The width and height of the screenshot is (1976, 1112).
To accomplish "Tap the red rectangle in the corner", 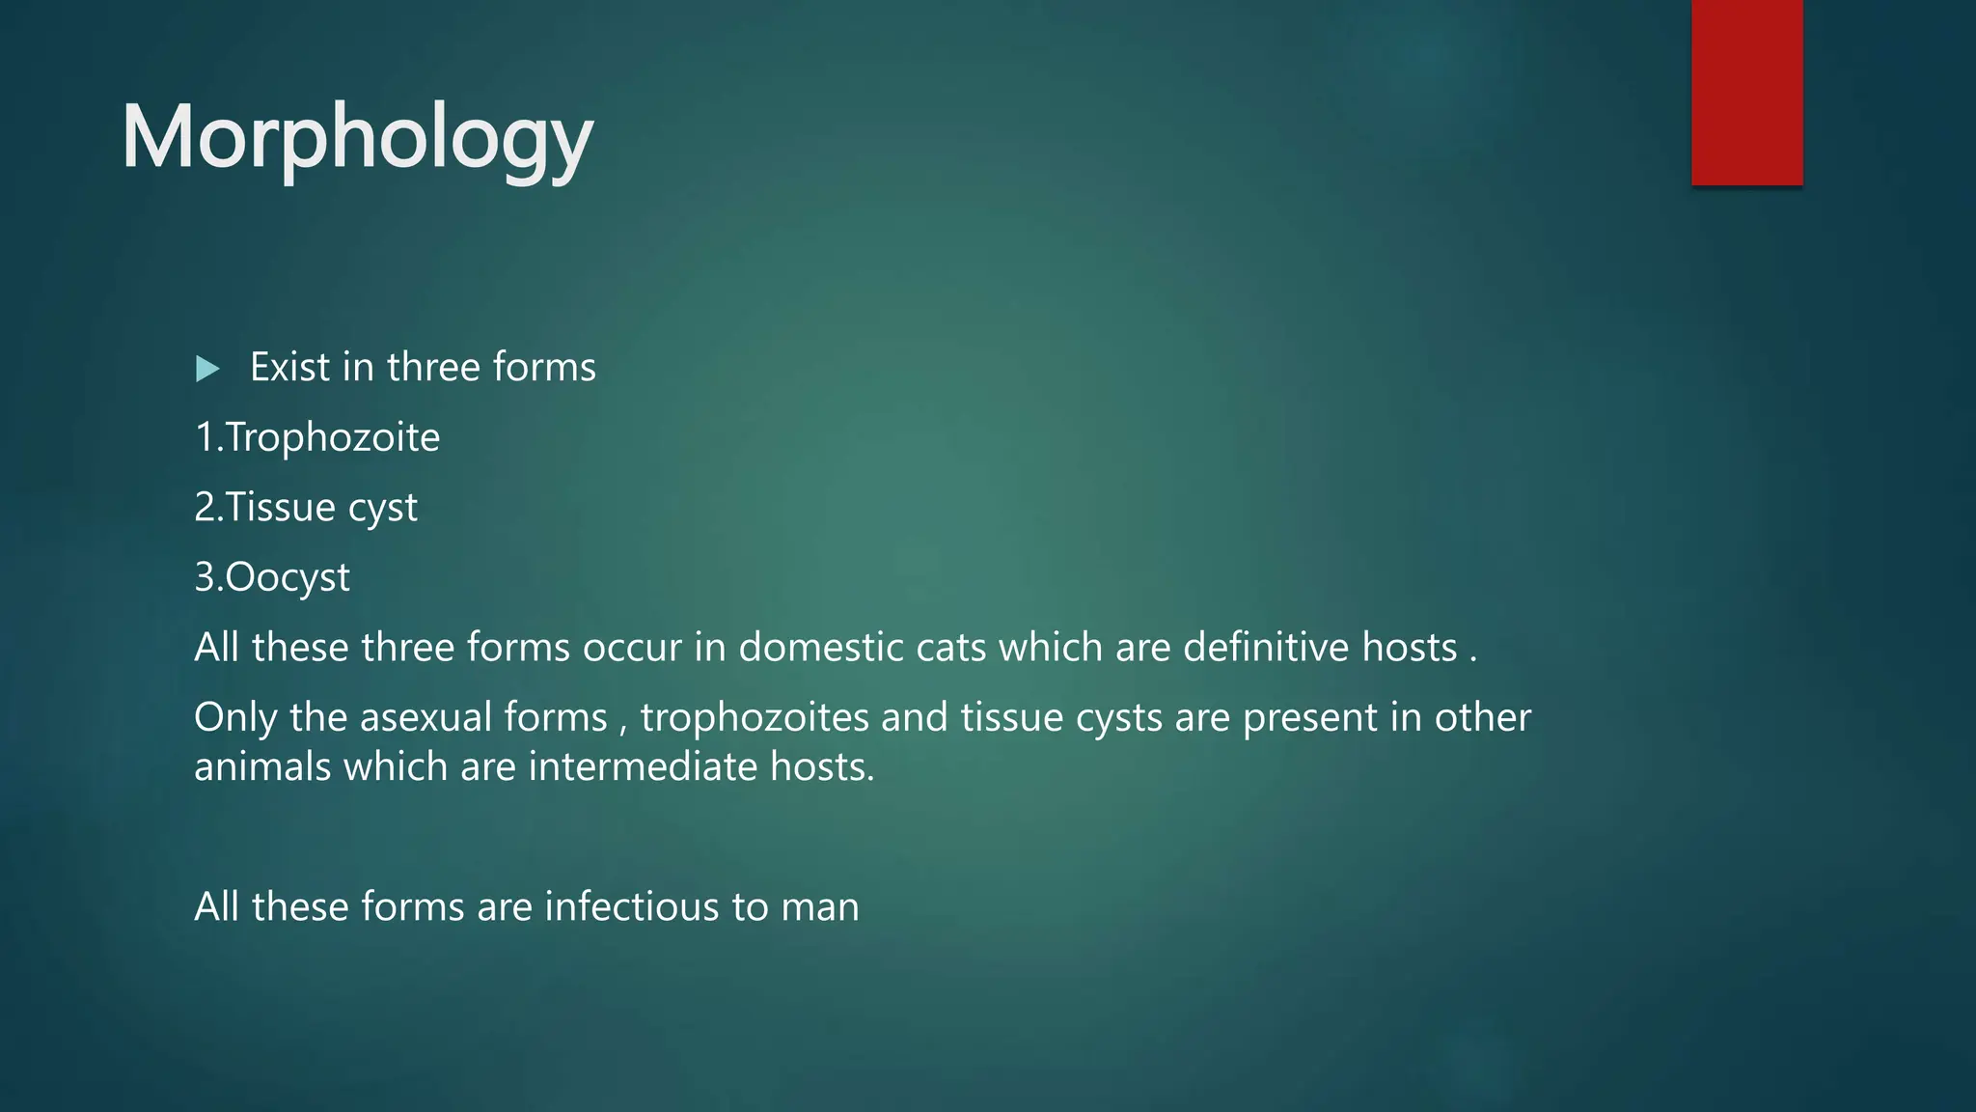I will tap(1746, 92).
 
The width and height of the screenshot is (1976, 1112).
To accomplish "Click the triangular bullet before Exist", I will tap(207, 369).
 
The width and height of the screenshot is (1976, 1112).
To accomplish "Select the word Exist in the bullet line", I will tap(289, 368).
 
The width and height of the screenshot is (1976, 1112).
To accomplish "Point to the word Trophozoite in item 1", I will tap(333, 438).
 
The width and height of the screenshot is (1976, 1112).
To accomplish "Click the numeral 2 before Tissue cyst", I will tap(204, 508).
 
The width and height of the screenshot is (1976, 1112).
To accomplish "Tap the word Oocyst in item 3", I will tap(287, 578).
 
